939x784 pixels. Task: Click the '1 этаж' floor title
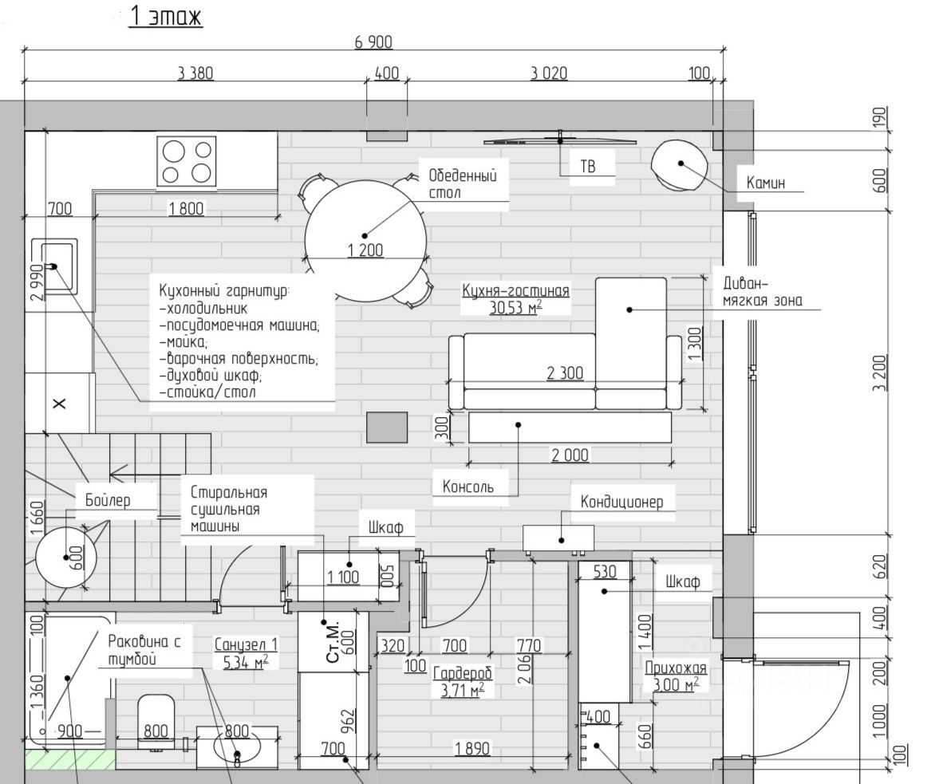[166, 16]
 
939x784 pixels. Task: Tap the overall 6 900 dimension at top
[373, 42]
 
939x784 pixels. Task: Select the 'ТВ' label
[588, 166]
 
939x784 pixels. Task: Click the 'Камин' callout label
[765, 183]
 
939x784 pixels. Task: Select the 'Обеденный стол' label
[462, 184]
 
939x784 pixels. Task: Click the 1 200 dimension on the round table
[365, 250]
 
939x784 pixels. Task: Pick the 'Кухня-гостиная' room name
[515, 291]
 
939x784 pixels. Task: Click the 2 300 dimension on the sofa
[565, 373]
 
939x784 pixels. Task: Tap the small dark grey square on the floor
[387, 427]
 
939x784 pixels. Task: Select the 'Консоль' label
[468, 487]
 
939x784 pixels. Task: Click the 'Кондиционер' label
[621, 502]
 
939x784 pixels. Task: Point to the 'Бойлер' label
[108, 500]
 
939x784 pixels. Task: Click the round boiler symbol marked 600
[66, 557]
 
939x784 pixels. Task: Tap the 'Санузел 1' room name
[247, 644]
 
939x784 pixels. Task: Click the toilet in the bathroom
[156, 720]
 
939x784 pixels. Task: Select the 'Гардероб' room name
[462, 673]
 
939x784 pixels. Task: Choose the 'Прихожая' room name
[676, 668]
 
